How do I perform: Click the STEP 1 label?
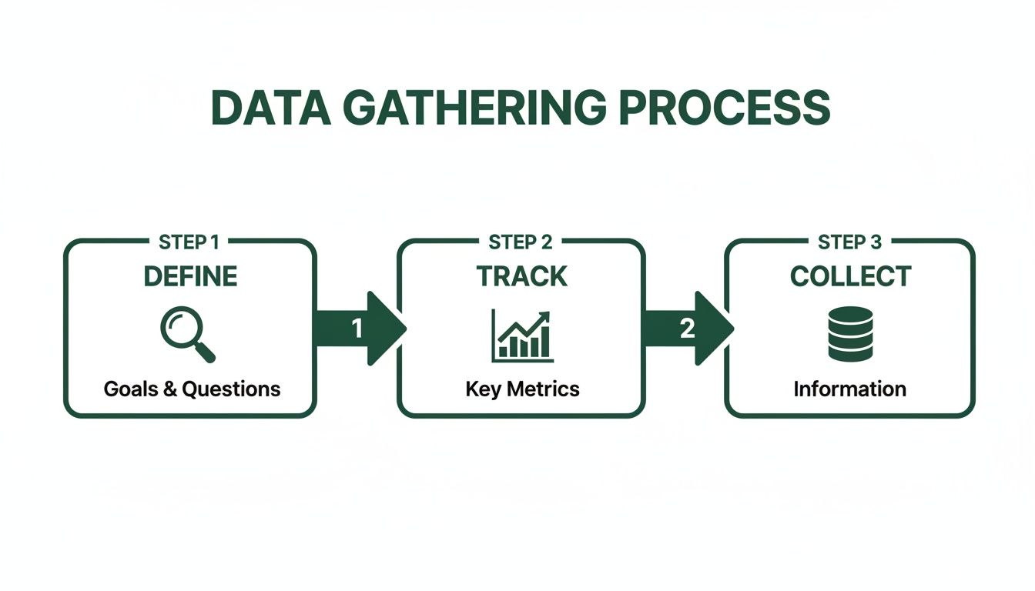[x=189, y=242]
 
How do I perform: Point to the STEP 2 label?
[x=521, y=242]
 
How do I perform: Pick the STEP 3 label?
[x=849, y=242]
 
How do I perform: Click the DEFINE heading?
[x=190, y=276]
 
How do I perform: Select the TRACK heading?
[x=521, y=276]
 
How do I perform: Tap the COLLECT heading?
[x=850, y=276]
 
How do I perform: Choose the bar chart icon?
[x=522, y=336]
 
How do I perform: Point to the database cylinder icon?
[x=850, y=335]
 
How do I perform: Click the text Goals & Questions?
[x=192, y=389]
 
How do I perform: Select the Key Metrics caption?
[x=522, y=389]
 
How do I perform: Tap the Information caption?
[x=849, y=389]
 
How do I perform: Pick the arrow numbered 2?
[x=688, y=329]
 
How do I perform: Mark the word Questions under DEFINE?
[x=231, y=389]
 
